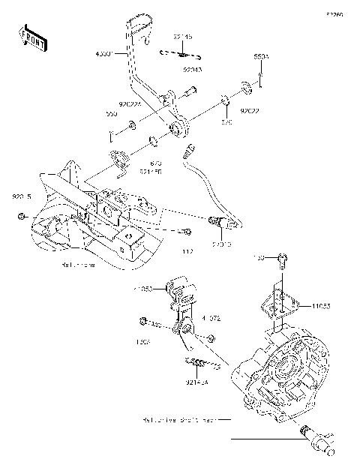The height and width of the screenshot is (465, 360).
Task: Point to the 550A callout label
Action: [260, 56]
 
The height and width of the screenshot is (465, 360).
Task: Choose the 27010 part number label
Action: [221, 244]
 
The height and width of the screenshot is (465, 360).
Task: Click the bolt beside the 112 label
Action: [186, 232]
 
